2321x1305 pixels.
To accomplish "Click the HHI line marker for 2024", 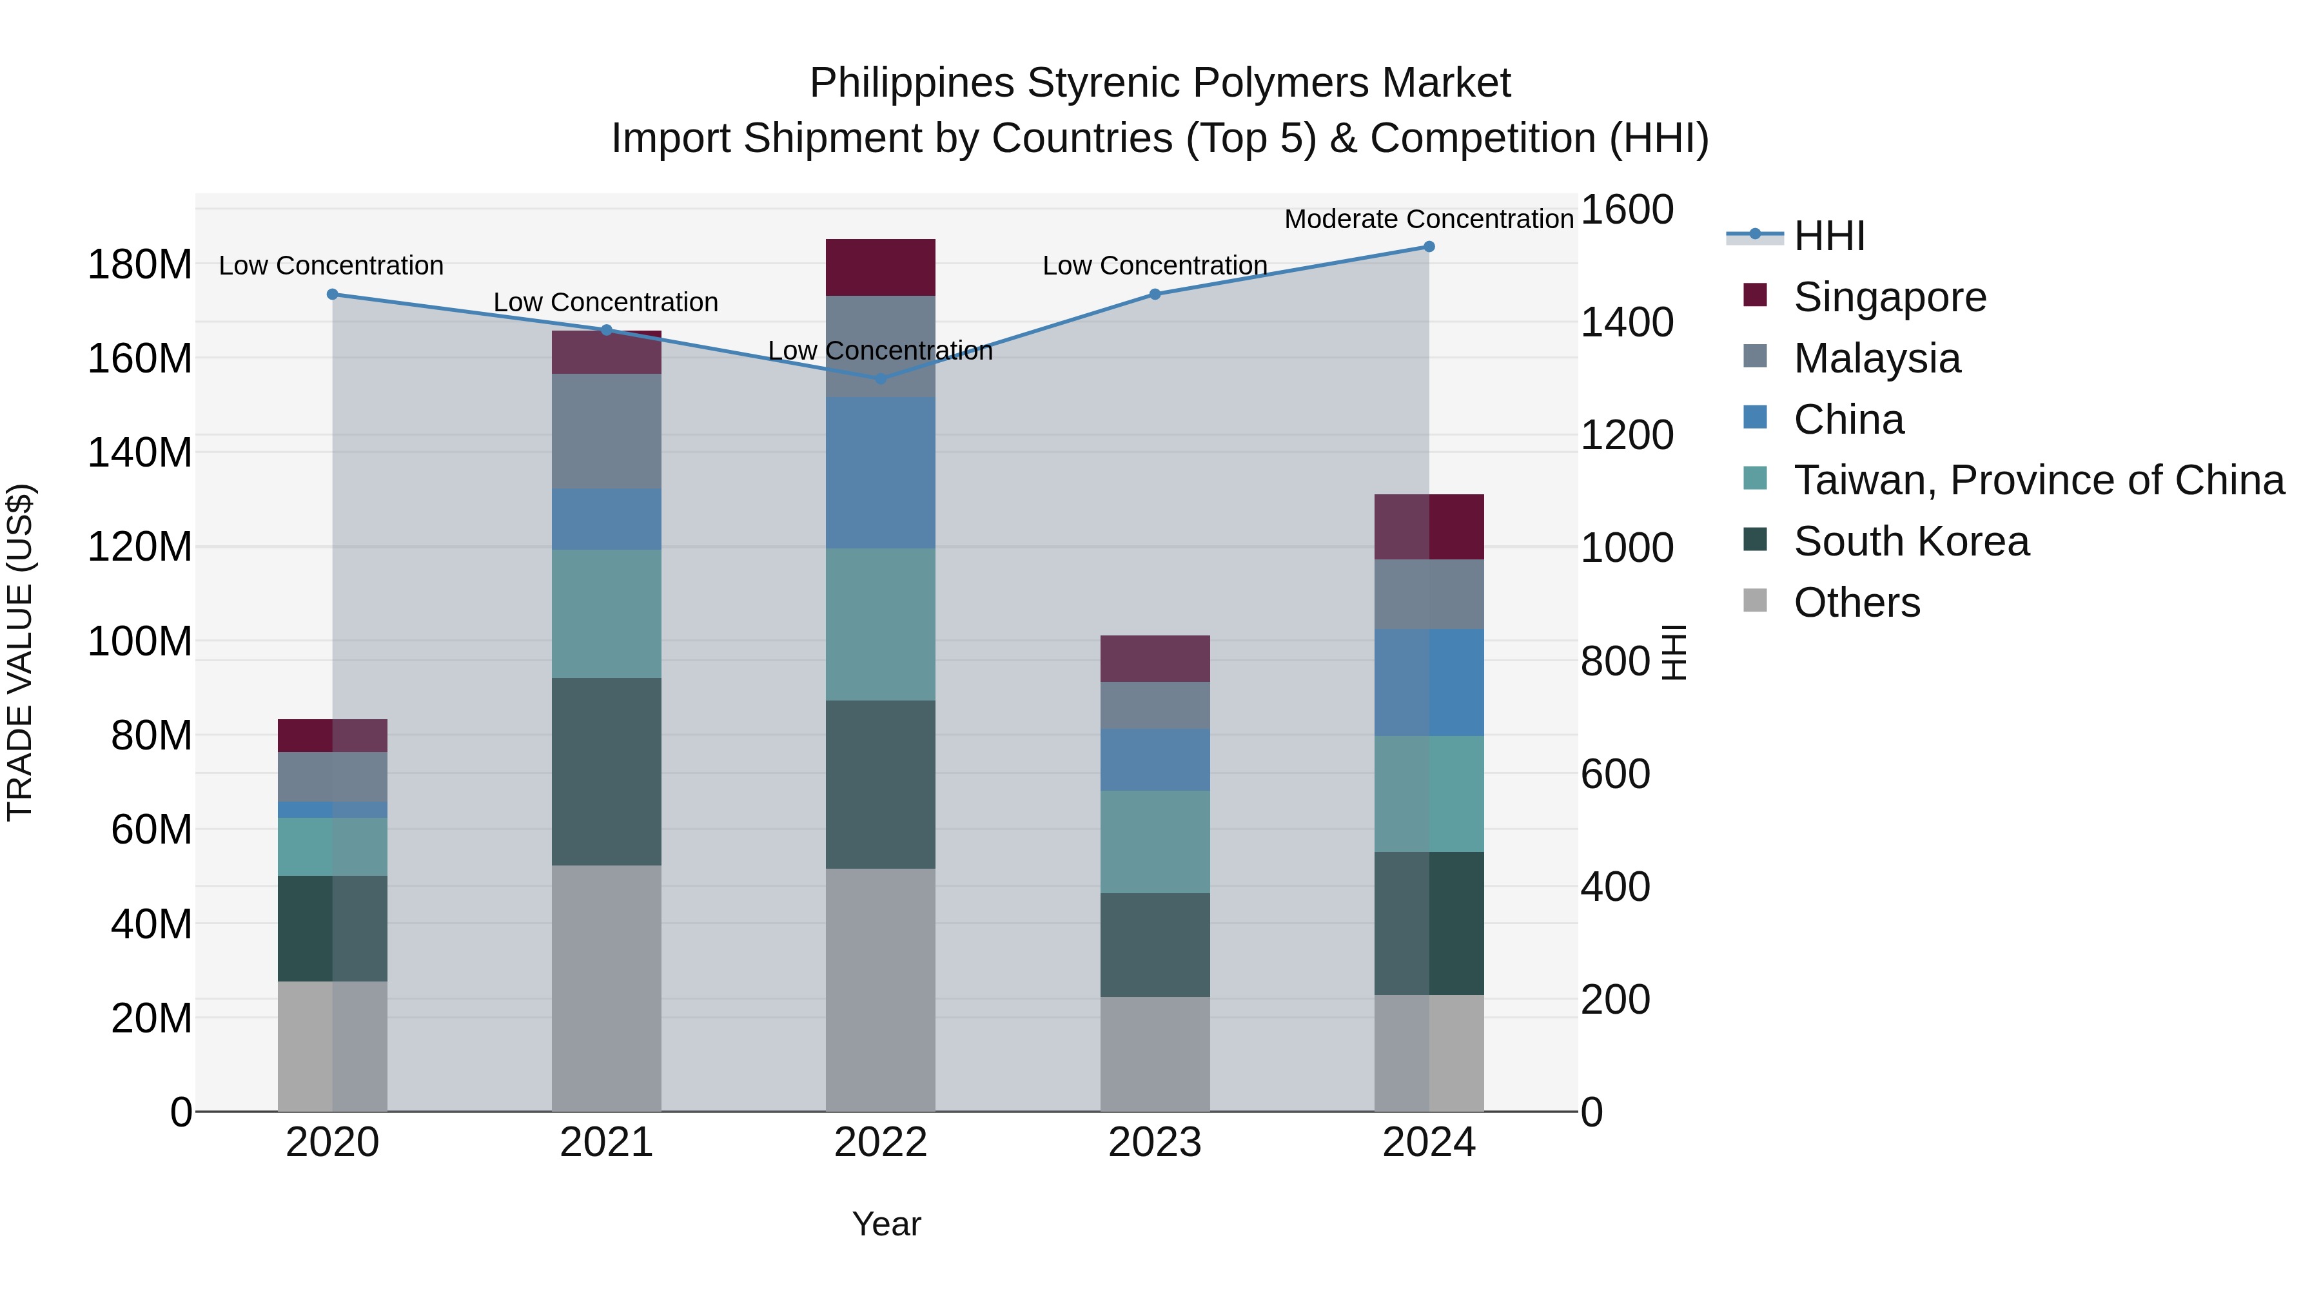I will point(1428,247).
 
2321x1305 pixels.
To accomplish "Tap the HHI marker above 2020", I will point(333,295).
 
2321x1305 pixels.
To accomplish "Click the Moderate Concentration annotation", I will point(1428,219).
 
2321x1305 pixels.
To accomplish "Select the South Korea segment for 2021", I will point(607,772).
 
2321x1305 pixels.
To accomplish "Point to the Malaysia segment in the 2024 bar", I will point(1428,594).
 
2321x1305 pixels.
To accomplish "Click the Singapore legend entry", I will point(1890,297).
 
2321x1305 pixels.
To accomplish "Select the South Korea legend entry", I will point(1910,541).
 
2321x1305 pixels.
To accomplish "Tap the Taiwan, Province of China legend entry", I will point(2038,480).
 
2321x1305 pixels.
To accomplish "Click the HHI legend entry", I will point(1829,236).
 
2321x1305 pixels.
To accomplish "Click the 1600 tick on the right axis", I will point(1627,210).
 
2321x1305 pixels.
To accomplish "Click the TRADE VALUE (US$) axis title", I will point(20,652).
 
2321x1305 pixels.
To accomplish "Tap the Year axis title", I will point(886,1224).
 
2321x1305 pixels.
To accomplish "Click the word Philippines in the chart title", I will point(912,83).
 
